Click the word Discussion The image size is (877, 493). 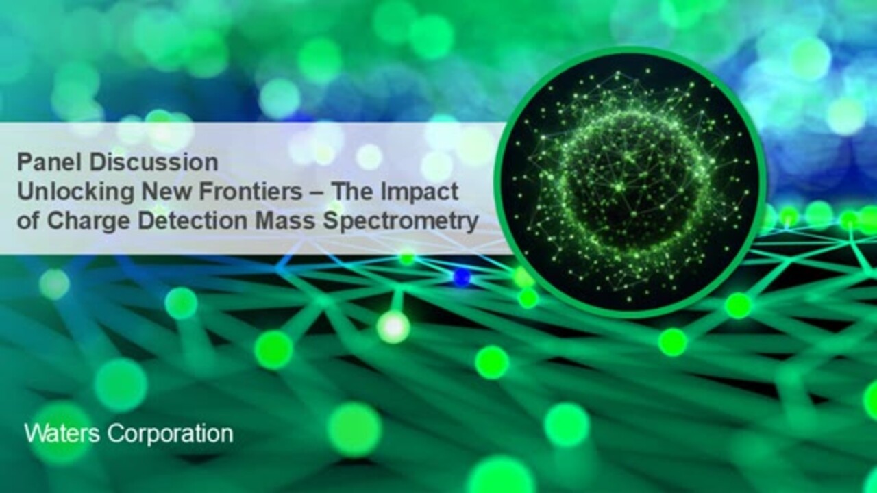pyautogui.click(x=153, y=162)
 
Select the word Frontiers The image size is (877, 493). pyautogui.click(x=251, y=192)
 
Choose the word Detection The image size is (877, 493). pyautogui.click(x=193, y=221)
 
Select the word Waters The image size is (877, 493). pyautogui.click(x=62, y=433)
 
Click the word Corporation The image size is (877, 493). pyautogui.click(x=171, y=434)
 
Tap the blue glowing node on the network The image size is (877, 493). pyautogui.click(x=462, y=277)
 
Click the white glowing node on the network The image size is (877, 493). pyautogui.click(x=393, y=327)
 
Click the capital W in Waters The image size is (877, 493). pyautogui.click(x=35, y=433)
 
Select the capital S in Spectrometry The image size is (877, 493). pyautogui.click(x=331, y=221)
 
